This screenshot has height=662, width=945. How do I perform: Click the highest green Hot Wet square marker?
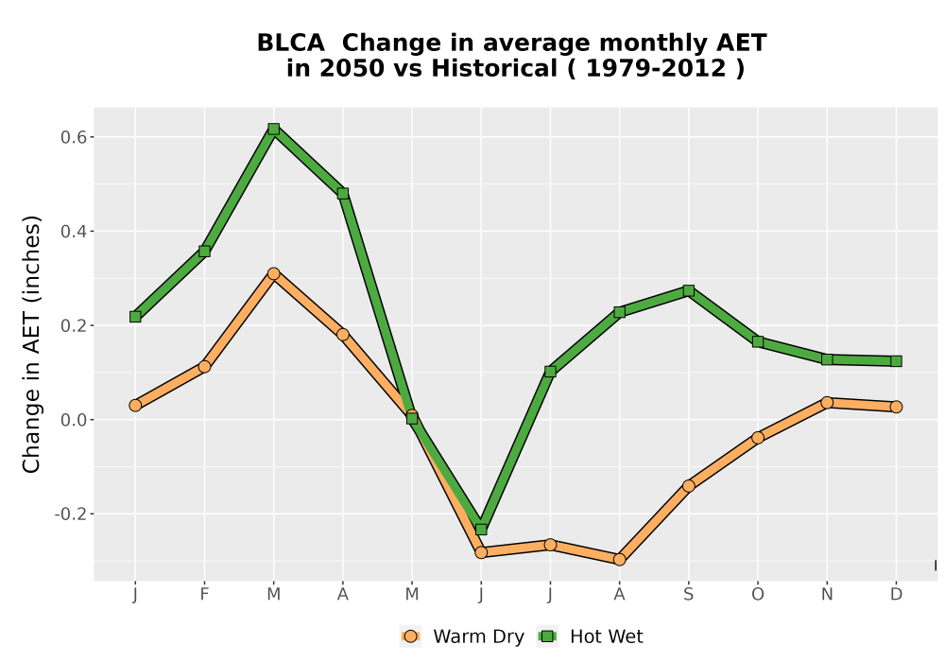click(274, 129)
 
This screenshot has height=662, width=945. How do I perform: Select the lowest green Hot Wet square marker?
click(481, 530)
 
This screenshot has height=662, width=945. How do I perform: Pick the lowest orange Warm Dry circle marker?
click(620, 560)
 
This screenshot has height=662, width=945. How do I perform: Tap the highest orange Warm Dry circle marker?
click(274, 273)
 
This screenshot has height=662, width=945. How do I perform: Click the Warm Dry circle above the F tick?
click(204, 367)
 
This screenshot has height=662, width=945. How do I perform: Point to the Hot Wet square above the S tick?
click(689, 290)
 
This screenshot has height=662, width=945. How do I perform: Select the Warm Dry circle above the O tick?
click(758, 437)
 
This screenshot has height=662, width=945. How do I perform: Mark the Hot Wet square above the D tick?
click(896, 361)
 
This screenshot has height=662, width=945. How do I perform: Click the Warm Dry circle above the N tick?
click(827, 402)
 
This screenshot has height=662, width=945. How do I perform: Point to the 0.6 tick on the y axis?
click(91, 137)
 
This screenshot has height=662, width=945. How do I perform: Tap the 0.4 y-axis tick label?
click(73, 232)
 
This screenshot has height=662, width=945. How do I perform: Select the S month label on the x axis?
click(689, 595)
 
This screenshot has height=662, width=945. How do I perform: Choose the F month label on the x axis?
click(204, 595)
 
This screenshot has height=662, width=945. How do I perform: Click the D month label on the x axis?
click(896, 595)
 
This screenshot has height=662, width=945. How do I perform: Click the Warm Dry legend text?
click(478, 636)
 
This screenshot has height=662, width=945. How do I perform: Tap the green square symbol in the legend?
click(548, 636)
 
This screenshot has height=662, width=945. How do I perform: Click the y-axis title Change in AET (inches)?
click(31, 344)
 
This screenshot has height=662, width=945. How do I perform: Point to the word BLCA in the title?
click(290, 44)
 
